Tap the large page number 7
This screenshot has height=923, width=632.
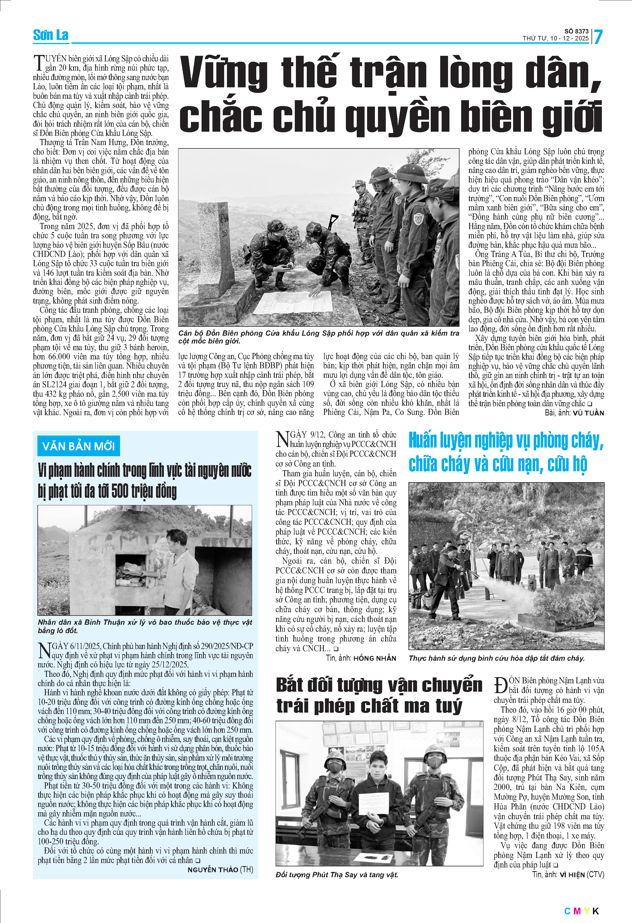point(598,37)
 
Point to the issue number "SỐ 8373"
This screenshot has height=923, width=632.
point(576,31)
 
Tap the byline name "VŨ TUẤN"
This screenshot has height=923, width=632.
point(588,413)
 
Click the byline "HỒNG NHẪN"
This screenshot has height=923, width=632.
point(375,658)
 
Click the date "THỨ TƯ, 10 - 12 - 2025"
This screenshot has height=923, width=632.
point(555,39)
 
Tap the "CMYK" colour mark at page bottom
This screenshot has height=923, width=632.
point(581,911)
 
